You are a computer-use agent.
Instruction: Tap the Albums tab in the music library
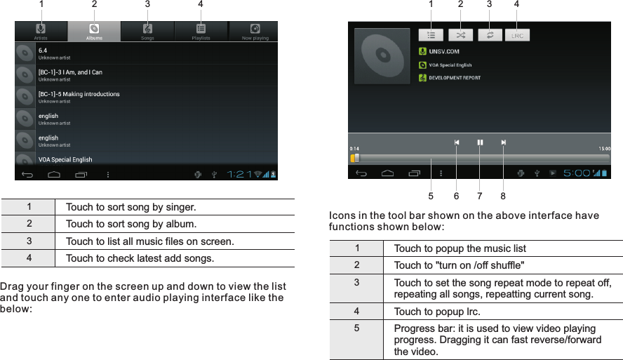pyautogui.click(x=94, y=32)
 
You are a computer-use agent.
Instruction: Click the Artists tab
pyautogui.click(x=41, y=32)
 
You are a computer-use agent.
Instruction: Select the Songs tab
pyautogui.click(x=147, y=32)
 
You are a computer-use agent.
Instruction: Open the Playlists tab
pyautogui.click(x=201, y=32)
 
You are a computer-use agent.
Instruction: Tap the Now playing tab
pyautogui.click(x=255, y=32)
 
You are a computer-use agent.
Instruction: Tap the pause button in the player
pyautogui.click(x=480, y=142)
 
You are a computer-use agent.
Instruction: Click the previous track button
pyautogui.click(x=457, y=142)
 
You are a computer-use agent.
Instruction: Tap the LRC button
pyautogui.click(x=517, y=34)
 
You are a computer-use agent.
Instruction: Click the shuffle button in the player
pyautogui.click(x=460, y=34)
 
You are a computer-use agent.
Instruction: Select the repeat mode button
pyautogui.click(x=489, y=34)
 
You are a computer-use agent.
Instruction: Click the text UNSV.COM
pyautogui.click(x=444, y=51)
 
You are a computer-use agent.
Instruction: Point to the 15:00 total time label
pyautogui.click(x=603, y=149)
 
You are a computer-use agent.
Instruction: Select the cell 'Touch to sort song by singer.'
pyautogui.click(x=131, y=208)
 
